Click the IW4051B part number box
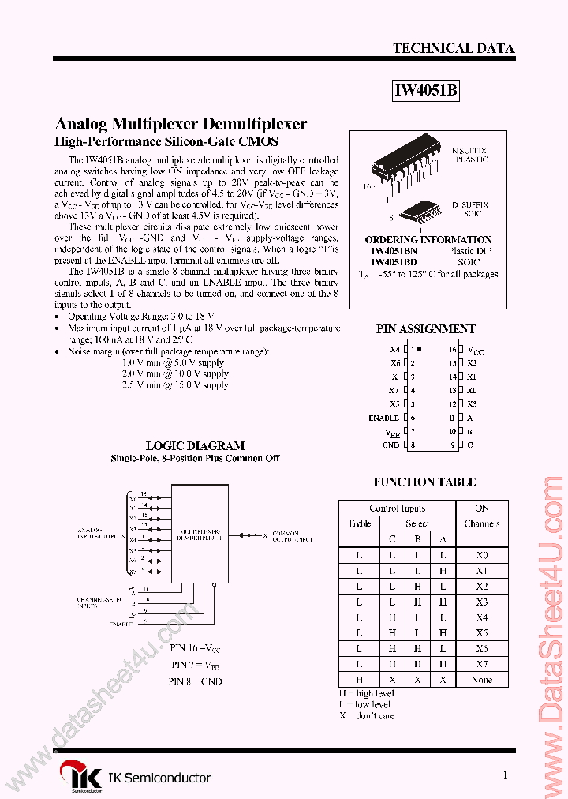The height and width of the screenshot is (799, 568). [426, 91]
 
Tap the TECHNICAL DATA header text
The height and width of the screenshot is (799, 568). [454, 48]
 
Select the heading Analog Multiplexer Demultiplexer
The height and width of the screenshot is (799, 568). [181, 124]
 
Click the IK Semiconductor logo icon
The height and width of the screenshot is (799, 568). [82, 775]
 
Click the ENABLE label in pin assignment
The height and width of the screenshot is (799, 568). [383, 418]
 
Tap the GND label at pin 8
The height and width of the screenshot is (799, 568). [390, 445]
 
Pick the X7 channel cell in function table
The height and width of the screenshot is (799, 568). [482, 664]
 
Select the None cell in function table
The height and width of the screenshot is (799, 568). [482, 680]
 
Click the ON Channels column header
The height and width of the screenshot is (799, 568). [482, 516]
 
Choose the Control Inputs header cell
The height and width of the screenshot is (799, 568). [397, 508]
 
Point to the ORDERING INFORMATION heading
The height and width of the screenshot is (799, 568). [428, 240]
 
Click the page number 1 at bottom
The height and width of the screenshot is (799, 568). [505, 776]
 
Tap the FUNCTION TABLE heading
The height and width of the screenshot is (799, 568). [424, 482]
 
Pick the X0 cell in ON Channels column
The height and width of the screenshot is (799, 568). [482, 555]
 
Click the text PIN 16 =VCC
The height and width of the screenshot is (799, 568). [195, 647]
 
